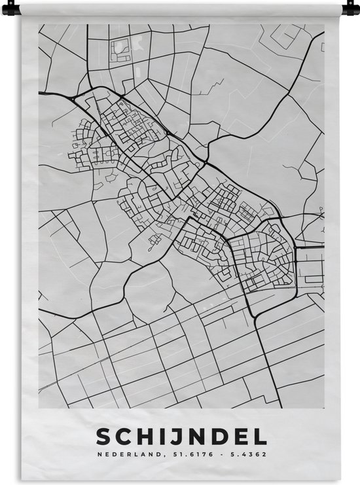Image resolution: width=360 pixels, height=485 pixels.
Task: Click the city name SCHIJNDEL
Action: pos(182,437)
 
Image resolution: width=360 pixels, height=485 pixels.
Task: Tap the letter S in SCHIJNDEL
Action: pos(103,437)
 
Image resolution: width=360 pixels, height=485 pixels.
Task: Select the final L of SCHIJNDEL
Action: pos(261,437)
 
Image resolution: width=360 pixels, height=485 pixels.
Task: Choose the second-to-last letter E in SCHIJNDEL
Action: pos(242,437)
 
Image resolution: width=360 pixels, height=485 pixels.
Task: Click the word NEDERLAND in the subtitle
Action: pos(126,455)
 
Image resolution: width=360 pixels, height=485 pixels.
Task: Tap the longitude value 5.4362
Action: pos(246,455)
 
